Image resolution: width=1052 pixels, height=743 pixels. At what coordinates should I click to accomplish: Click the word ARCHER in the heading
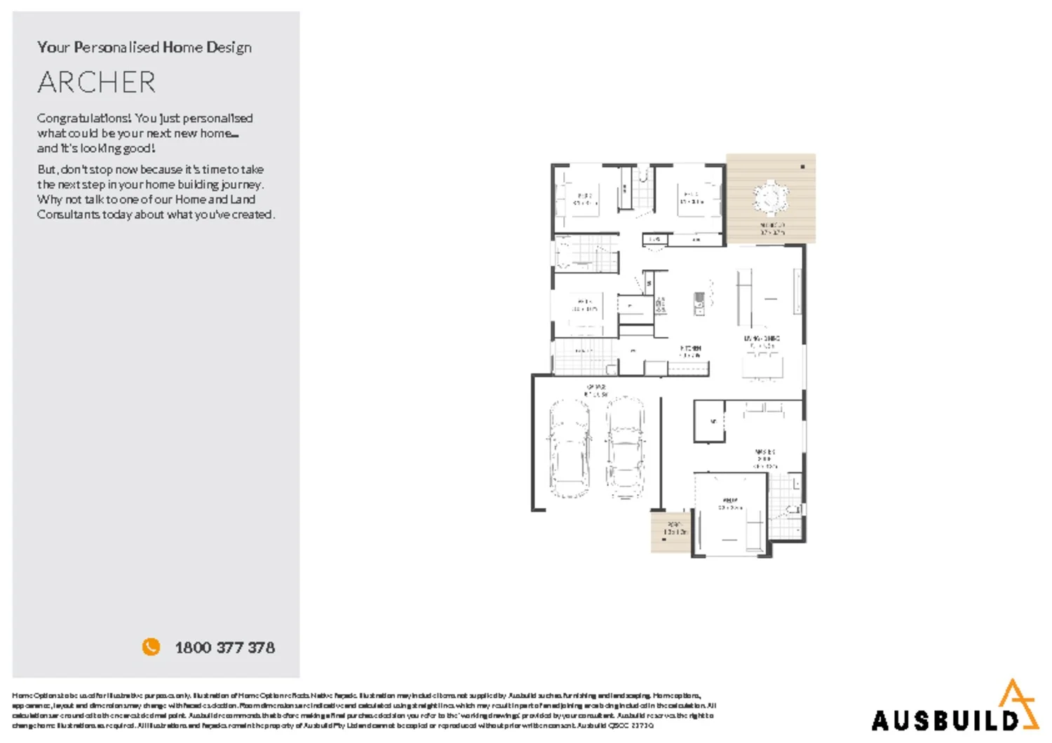[97, 83]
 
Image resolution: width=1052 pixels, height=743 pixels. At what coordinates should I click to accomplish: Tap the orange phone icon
[151, 647]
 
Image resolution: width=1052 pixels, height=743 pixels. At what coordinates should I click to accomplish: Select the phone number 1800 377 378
[224, 648]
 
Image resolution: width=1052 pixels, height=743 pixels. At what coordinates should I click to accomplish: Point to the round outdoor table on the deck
[770, 197]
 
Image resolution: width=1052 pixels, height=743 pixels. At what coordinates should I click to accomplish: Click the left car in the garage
[569, 448]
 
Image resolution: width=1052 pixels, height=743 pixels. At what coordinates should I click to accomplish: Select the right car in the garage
[625, 448]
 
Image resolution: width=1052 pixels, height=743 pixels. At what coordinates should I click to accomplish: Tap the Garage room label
[596, 390]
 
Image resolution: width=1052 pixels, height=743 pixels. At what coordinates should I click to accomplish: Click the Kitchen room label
[690, 351]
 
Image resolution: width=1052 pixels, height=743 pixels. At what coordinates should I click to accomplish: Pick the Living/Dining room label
[762, 342]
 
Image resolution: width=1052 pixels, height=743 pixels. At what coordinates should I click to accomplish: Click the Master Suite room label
[764, 459]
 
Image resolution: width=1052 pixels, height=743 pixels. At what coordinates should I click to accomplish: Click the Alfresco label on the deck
[772, 229]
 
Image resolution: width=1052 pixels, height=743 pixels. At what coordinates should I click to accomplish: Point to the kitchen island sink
[699, 303]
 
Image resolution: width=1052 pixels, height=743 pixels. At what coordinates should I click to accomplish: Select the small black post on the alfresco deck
[802, 167]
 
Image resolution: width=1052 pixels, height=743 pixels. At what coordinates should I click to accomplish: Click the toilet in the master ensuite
[793, 510]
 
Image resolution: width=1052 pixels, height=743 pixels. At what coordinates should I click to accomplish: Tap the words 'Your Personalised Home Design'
[144, 48]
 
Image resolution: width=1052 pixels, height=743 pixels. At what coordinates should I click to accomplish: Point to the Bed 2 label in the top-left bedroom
[585, 199]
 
